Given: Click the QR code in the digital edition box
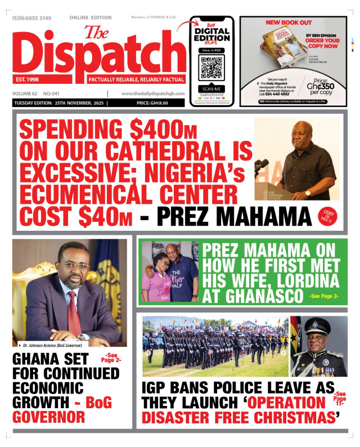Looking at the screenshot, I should coord(211,68).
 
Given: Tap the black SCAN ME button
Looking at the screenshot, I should coord(211,88).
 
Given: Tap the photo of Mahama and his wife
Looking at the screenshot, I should coord(170,271).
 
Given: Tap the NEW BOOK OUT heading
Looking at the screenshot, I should coord(289,23).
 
